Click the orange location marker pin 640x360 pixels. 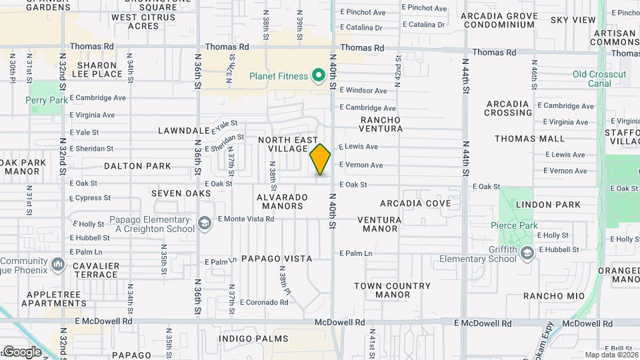321,159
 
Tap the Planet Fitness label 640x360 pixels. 279,77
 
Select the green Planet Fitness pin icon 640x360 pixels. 318,75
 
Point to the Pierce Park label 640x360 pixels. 519,226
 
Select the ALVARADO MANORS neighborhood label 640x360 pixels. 283,201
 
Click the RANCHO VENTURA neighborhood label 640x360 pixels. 381,124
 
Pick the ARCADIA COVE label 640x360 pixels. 415,203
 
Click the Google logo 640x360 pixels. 22,351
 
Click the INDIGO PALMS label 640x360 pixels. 249,339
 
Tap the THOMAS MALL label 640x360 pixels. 529,139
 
